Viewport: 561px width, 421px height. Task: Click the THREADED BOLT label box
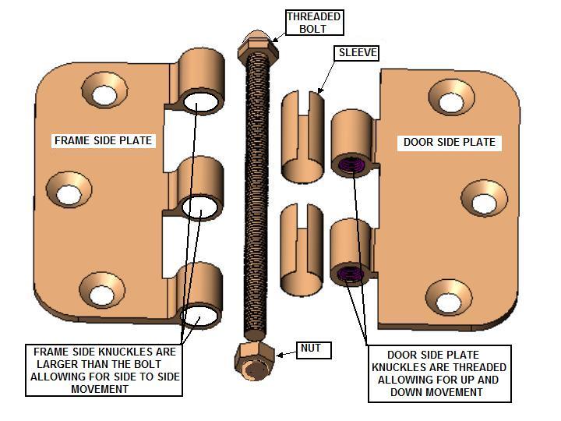click(315, 23)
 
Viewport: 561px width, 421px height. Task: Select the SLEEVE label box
click(356, 53)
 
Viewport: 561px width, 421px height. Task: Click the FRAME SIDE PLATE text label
click(103, 140)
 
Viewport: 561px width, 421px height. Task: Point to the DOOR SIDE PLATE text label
click(450, 142)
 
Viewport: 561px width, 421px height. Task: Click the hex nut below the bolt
click(254, 362)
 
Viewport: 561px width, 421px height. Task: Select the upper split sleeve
click(302, 136)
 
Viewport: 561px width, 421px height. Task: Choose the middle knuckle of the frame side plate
click(199, 189)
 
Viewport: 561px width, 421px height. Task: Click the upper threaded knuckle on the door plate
click(352, 144)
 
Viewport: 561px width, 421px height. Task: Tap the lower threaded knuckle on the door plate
click(351, 253)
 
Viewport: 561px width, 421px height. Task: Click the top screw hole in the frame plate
click(104, 91)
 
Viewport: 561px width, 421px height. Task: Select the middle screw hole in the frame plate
click(69, 189)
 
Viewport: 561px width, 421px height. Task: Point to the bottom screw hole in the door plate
click(449, 298)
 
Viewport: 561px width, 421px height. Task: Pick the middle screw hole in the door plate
click(484, 199)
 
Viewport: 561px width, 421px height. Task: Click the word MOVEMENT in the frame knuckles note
click(100, 389)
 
